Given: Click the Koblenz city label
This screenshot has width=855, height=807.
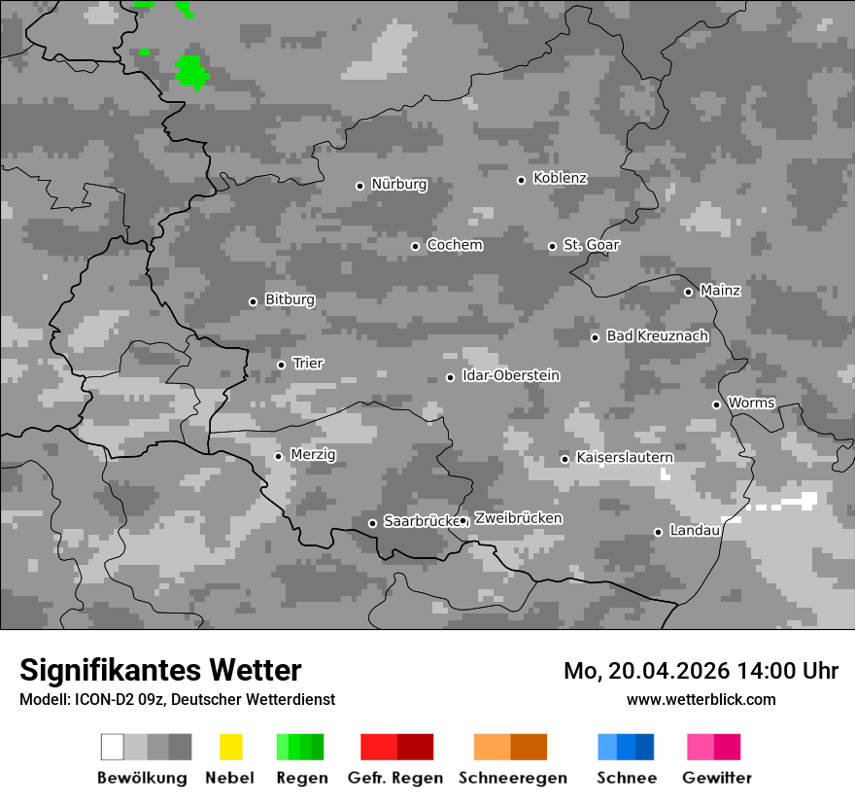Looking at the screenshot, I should (x=560, y=179).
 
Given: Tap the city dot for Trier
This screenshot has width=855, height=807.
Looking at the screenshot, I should (x=282, y=365).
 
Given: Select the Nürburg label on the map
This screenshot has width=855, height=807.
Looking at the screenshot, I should (x=398, y=184).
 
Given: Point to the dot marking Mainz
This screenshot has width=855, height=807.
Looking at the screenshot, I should (x=688, y=292).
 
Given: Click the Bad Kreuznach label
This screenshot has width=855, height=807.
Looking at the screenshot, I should (x=657, y=336).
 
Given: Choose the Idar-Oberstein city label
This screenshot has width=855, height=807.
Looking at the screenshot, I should (x=510, y=376).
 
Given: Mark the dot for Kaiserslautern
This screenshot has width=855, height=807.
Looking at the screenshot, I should (x=564, y=459).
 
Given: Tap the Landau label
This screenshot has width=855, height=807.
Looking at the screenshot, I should (x=694, y=531).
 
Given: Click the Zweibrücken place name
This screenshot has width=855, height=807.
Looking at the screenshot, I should (x=518, y=518).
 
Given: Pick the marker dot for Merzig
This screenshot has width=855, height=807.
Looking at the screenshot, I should (x=279, y=456).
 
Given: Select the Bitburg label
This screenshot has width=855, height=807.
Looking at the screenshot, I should (x=290, y=300).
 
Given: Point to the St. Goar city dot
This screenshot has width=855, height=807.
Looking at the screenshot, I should (x=552, y=246).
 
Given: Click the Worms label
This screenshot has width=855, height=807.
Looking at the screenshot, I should (x=751, y=403).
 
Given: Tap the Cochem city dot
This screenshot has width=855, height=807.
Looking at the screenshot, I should (x=415, y=246).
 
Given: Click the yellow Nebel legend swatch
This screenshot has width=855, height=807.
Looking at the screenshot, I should (x=230, y=747).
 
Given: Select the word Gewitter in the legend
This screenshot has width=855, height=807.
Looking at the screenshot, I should (x=717, y=778).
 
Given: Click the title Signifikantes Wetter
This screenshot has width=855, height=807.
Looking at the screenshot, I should (x=160, y=670).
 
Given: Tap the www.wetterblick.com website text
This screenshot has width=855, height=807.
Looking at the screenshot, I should (x=701, y=700).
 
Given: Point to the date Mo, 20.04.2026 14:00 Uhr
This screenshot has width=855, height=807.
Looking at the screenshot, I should (x=701, y=671).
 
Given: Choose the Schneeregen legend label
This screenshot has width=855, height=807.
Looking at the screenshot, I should (x=513, y=778).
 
